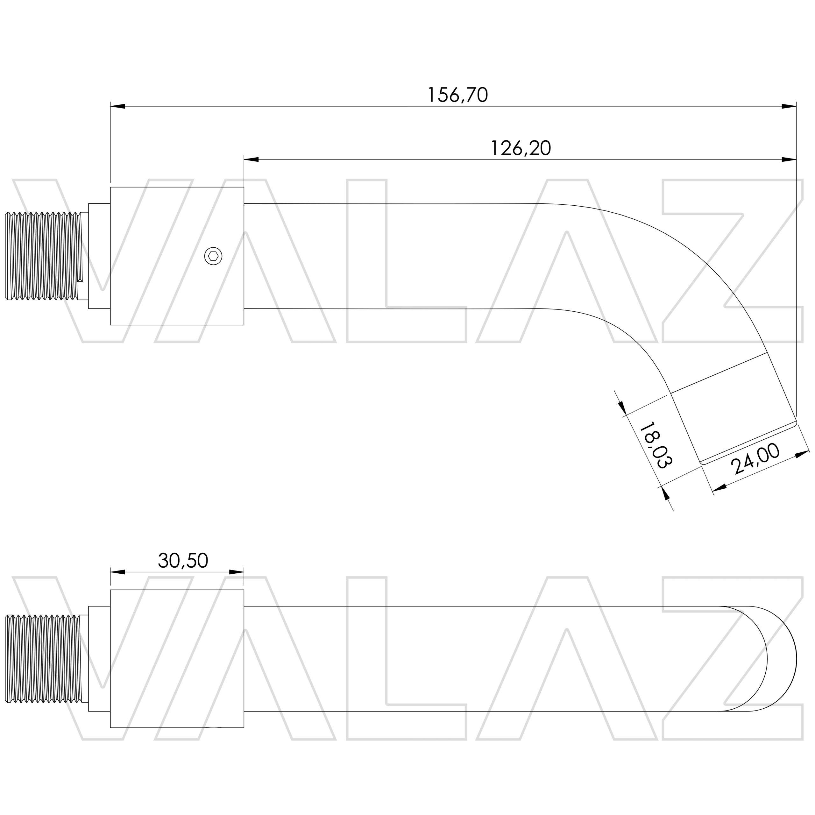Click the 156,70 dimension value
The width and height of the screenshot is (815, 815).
(458, 95)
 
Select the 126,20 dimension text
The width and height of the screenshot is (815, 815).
(521, 148)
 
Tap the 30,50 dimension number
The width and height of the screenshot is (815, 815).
(183, 561)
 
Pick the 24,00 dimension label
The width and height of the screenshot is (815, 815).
(755, 459)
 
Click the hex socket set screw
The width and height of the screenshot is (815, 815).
(213, 256)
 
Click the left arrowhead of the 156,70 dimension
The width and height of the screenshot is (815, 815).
(118, 106)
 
